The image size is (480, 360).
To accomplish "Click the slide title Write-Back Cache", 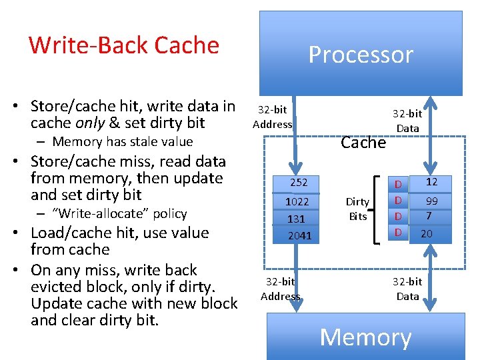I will pyautogui.click(x=124, y=45).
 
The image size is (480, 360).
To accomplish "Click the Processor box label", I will pyautogui.click(x=361, y=54).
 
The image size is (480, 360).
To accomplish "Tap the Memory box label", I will pyautogui.click(x=365, y=337).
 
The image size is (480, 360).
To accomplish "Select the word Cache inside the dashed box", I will pyautogui.click(x=363, y=142).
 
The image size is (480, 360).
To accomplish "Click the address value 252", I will pyautogui.click(x=298, y=182).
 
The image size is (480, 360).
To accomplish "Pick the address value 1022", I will pyautogui.click(x=297, y=201).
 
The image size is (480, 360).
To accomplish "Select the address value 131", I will pyautogui.click(x=296, y=219).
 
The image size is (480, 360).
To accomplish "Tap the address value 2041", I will pyautogui.click(x=299, y=235).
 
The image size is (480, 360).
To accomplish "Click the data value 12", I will pyautogui.click(x=431, y=181).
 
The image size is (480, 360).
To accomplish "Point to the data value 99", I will pyautogui.click(x=431, y=201).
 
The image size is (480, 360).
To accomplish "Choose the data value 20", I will pyautogui.click(x=427, y=233).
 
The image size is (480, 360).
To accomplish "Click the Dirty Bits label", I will pyautogui.click(x=357, y=209).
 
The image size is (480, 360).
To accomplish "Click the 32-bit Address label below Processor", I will pyautogui.click(x=273, y=117).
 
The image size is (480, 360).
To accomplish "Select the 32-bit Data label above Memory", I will pyautogui.click(x=407, y=289).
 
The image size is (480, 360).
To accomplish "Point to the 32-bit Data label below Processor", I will pyautogui.click(x=407, y=121).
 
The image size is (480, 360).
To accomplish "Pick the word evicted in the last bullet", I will pyautogui.click(x=60, y=287).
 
